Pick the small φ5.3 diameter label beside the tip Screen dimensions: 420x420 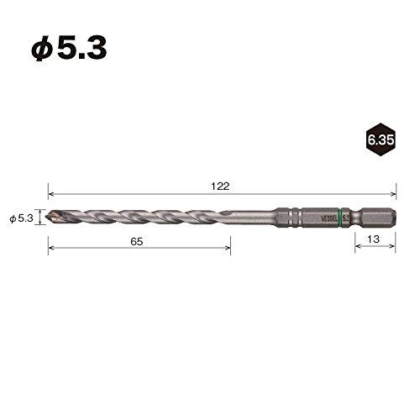click(x=20, y=218)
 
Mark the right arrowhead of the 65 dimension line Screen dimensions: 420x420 click(x=228, y=248)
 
